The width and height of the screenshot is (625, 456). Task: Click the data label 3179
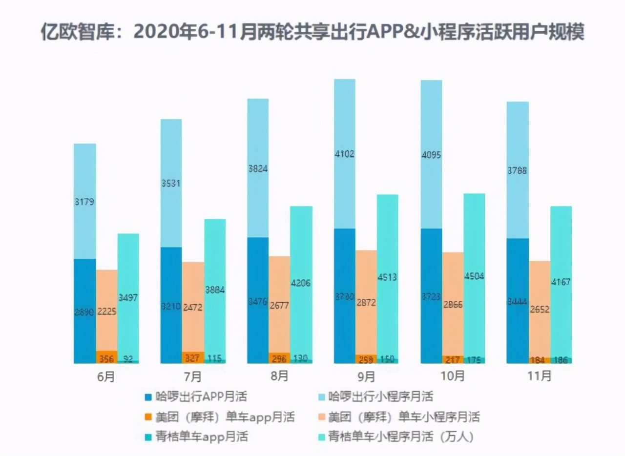click(x=84, y=201)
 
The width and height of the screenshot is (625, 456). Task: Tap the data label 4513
click(x=387, y=277)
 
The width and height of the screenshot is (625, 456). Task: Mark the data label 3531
click(x=171, y=184)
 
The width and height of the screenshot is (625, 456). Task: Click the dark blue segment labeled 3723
click(x=431, y=312)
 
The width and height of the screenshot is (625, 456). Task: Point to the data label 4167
click(x=561, y=282)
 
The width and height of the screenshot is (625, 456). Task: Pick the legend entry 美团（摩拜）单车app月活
click(x=225, y=416)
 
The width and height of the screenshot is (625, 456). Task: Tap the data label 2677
click(x=279, y=307)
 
